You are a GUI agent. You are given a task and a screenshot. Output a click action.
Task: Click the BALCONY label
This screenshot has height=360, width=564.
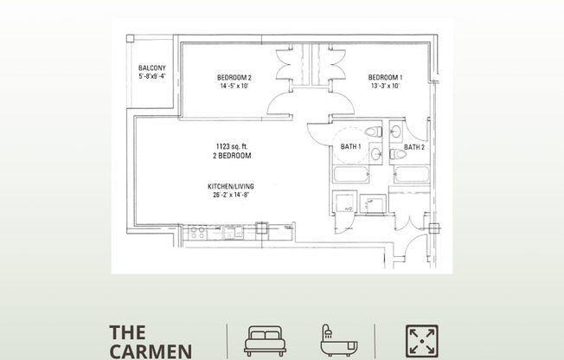(152, 68)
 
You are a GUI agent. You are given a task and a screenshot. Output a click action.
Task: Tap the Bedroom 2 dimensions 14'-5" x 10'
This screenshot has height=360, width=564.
(234, 86)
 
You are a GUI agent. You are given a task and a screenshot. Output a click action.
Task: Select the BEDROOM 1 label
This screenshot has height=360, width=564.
(385, 77)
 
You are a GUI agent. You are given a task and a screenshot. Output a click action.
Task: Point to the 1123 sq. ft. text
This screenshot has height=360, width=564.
(232, 146)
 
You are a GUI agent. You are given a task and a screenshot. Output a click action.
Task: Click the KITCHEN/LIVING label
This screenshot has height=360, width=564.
(231, 186)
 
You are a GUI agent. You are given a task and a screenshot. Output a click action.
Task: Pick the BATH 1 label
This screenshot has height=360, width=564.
(350, 146)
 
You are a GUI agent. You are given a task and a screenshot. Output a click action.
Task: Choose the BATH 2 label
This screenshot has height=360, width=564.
(414, 147)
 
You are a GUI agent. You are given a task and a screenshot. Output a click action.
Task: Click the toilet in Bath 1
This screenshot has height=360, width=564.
(374, 132)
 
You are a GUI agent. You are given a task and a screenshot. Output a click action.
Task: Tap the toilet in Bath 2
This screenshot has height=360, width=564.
(398, 154)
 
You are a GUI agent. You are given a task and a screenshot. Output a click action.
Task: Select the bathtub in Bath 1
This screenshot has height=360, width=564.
(350, 175)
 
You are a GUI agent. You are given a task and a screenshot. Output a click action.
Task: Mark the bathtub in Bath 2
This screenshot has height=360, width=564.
(412, 174)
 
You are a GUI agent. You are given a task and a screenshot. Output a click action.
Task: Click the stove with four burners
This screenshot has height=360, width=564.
(198, 233)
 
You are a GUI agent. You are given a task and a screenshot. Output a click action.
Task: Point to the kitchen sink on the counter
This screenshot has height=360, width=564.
(233, 232)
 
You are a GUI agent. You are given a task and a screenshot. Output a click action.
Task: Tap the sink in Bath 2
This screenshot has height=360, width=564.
(395, 132)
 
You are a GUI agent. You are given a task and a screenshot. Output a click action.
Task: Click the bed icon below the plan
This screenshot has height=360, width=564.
(265, 341)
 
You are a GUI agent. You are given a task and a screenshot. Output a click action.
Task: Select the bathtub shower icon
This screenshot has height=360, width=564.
(339, 340)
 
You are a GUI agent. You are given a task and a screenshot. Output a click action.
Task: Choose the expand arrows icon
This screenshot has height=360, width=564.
(422, 341)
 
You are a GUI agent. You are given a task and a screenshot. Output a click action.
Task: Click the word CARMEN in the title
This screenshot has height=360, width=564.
(151, 351)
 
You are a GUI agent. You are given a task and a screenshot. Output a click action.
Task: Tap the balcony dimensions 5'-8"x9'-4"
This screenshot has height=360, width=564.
(152, 76)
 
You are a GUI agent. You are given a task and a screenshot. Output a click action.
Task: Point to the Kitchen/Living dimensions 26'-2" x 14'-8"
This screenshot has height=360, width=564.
(231, 195)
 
